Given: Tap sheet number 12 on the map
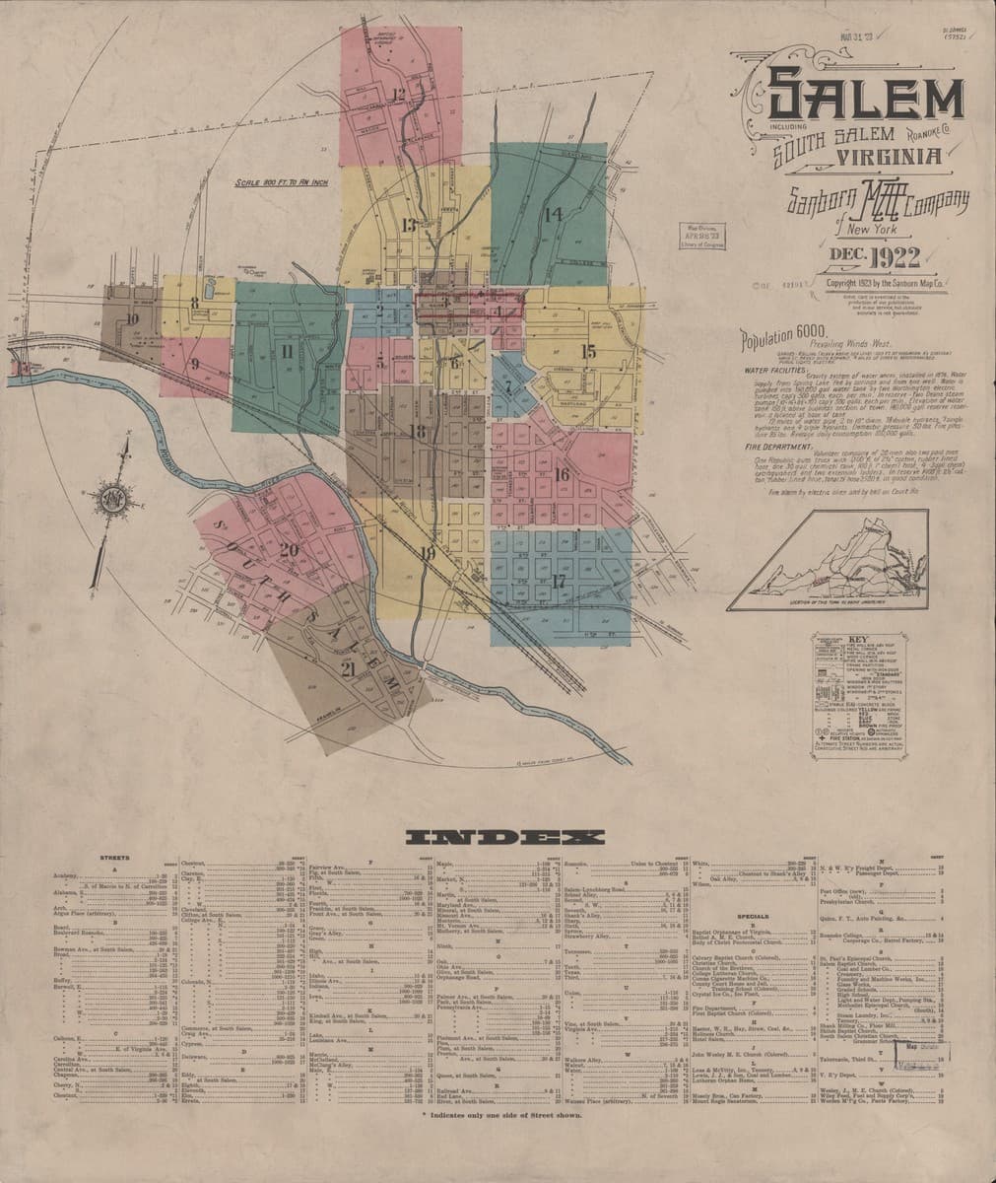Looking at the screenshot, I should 399,95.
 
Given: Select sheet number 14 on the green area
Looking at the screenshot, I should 552,213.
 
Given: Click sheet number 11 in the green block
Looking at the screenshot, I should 287,350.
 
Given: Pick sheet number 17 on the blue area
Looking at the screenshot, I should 559,581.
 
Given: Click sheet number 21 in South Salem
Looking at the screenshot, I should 347,669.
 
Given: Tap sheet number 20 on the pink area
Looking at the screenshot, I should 289,550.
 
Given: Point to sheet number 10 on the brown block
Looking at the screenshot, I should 131,318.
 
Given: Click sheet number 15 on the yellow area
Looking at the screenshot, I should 588,351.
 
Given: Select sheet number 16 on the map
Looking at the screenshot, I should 563,474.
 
